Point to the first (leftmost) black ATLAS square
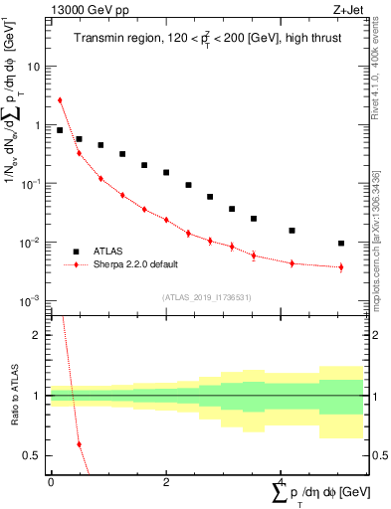pyautogui.click(x=60, y=130)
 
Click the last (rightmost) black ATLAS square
pyautogui.click(x=341, y=243)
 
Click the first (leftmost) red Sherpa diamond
pyautogui.click(x=60, y=99)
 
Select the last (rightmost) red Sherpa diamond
pyautogui.click(x=341, y=266)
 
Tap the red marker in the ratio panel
pyautogui.click(x=79, y=443)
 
